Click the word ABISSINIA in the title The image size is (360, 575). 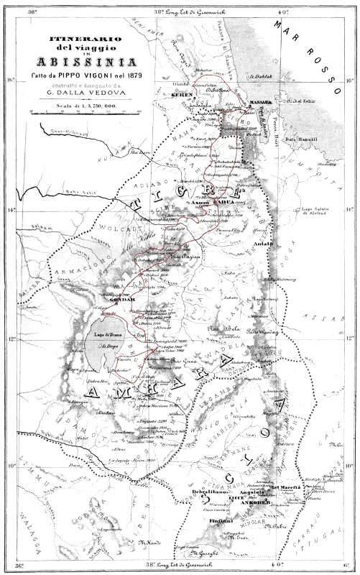(x=75, y=60)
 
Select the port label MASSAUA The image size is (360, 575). (x=258, y=102)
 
